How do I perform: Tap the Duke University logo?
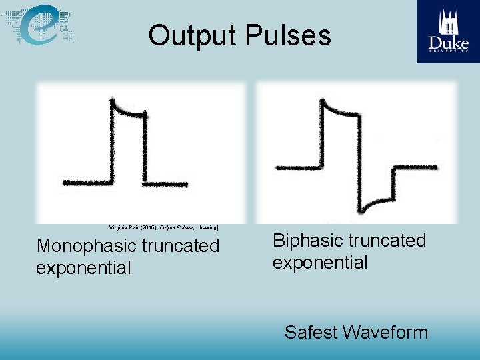tap(448, 31)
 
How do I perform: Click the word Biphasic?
tap(307, 240)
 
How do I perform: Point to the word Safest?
tap(312, 332)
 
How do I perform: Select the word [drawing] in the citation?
tap(205, 227)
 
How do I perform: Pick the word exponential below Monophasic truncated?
tap(83, 268)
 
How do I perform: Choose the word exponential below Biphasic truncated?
tap(320, 262)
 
